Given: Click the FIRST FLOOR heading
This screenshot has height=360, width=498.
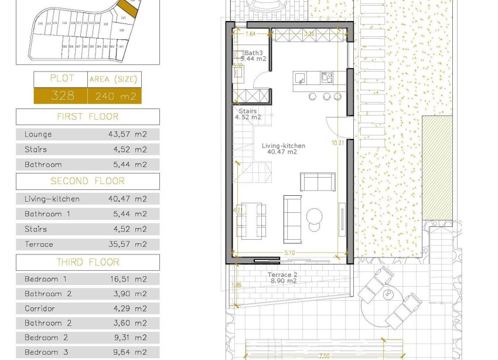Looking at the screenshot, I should click(87, 117).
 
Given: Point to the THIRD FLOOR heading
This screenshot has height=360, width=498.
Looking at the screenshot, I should click(87, 262).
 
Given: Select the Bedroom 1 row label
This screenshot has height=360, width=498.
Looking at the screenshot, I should click(46, 279).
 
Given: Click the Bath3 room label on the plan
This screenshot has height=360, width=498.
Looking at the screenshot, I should click(253, 53).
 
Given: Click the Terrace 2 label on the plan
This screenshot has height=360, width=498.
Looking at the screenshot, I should click(283, 274).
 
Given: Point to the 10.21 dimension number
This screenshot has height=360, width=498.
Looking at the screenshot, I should click(337, 142).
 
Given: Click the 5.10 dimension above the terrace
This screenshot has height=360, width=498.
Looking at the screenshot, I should click(289, 253).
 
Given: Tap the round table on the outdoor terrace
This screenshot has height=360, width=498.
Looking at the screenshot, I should click(387, 293).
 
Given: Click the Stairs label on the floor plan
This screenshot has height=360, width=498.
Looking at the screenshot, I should click(248, 110).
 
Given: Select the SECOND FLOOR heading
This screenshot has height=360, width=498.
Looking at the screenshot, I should click(87, 181).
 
